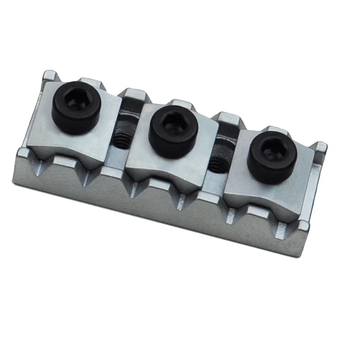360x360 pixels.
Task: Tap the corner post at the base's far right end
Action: point(319,147)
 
